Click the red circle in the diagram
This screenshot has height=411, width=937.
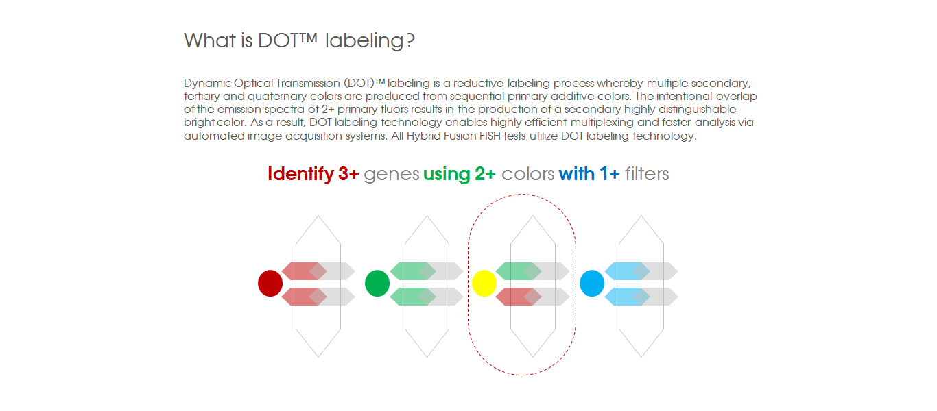270,283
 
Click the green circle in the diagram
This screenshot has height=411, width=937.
377,283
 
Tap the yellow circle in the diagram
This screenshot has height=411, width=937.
484,283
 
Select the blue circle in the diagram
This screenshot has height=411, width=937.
591,283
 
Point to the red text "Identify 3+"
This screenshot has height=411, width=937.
313,174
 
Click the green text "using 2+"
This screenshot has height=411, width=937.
459,174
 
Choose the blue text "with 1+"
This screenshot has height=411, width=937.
589,174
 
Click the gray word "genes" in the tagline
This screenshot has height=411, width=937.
391,174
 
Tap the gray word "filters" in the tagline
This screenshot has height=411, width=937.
647,174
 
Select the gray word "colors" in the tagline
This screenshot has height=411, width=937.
527,174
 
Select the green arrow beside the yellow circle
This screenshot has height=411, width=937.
516,271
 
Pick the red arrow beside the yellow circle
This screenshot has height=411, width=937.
516,297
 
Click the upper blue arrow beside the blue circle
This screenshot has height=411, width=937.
624,271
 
